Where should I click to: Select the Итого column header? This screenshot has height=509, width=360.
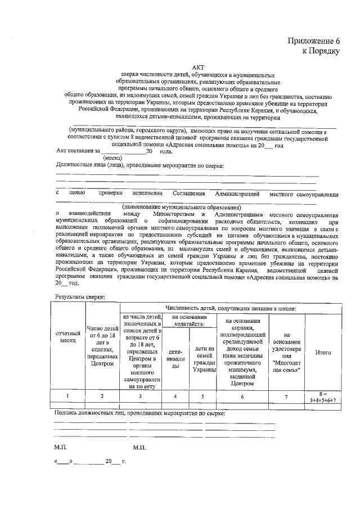pyautogui.click(x=323, y=352)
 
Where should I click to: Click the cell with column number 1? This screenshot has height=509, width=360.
pyautogui.click(x=67, y=396)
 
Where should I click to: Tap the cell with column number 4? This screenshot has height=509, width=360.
pyautogui.click(x=175, y=396)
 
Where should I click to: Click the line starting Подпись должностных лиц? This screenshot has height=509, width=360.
pyautogui.click(x=139, y=413)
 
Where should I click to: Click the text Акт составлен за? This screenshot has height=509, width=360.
pyautogui.click(x=78, y=151)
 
